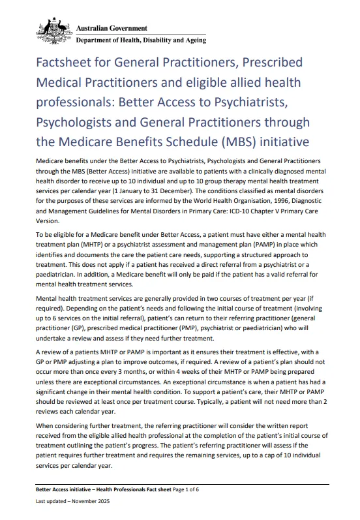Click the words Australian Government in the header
coord(112,29)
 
